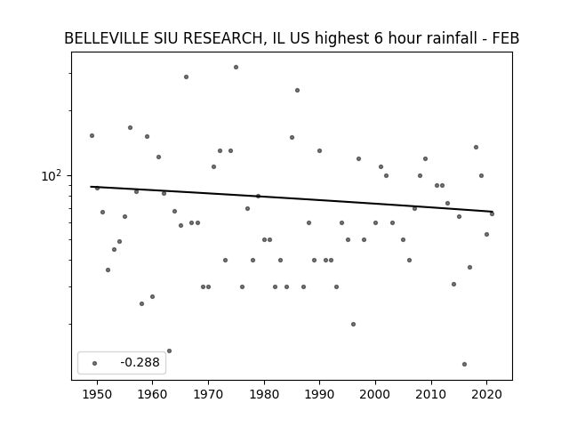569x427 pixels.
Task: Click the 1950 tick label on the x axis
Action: (x=97, y=394)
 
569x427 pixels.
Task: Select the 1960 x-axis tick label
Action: (x=152, y=394)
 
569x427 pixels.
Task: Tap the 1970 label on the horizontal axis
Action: (x=208, y=394)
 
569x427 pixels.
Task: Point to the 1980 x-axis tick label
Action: (x=264, y=394)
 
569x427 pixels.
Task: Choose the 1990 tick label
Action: (x=320, y=394)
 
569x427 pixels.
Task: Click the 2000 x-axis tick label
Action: (x=375, y=394)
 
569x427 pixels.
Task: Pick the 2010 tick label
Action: (x=431, y=394)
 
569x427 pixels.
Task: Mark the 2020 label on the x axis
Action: (x=487, y=394)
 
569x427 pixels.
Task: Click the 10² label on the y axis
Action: (x=52, y=175)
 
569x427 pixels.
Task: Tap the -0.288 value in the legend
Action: (x=140, y=362)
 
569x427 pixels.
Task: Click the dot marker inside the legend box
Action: (x=94, y=363)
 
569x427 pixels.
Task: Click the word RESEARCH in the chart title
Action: (x=225, y=38)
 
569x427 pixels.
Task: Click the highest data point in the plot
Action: (x=236, y=68)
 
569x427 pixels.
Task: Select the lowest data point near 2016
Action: (x=464, y=364)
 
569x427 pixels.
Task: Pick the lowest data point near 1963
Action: (x=169, y=350)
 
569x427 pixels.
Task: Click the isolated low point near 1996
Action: (x=353, y=324)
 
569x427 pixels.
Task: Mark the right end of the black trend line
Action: (x=493, y=212)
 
